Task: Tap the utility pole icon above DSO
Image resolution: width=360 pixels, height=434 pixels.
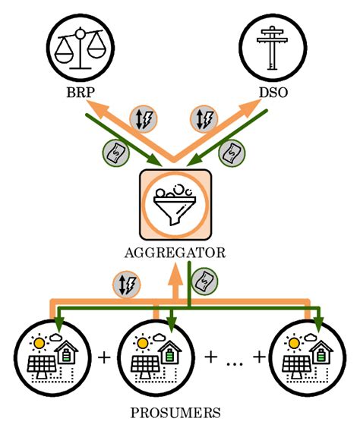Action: [x=270, y=49]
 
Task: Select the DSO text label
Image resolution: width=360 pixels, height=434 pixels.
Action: [x=270, y=97]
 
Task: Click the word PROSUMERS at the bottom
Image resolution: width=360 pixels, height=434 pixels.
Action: [x=175, y=414]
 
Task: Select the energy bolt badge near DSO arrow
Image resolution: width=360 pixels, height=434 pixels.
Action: [x=205, y=118]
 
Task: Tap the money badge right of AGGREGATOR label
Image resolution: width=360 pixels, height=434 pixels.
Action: [x=203, y=281]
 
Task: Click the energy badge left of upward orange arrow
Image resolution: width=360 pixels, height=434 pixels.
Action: [x=126, y=285]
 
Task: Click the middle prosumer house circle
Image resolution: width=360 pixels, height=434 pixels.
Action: [x=153, y=355]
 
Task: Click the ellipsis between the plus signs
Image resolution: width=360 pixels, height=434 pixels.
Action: [x=232, y=357]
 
